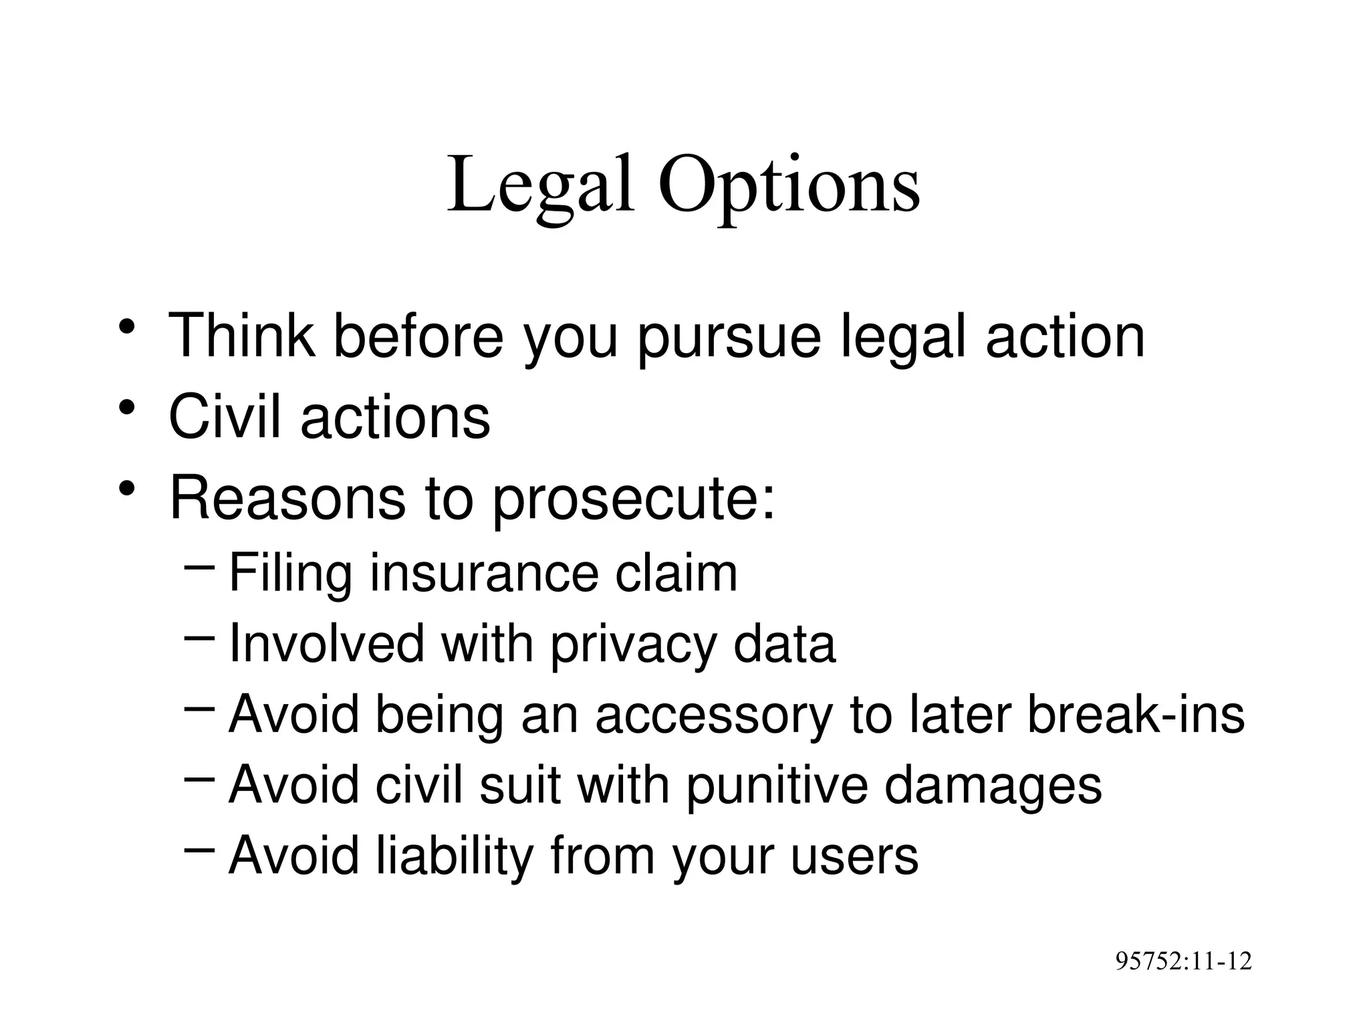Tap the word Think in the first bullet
pos(241,336)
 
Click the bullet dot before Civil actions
pos(128,408)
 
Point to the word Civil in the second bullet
pos(225,417)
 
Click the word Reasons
pos(287,498)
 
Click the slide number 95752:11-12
pos(1183,961)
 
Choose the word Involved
pos(327,644)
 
